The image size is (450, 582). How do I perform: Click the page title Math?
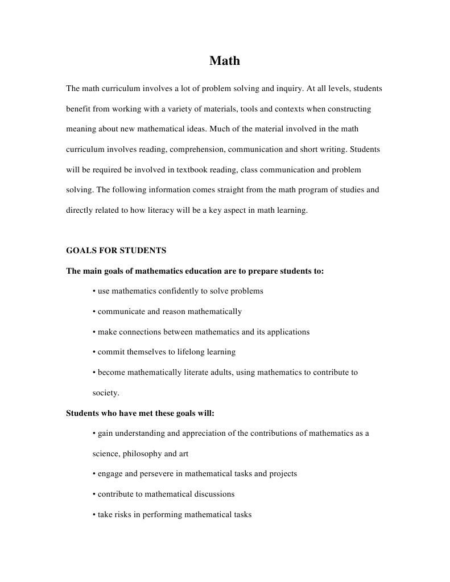(x=225, y=61)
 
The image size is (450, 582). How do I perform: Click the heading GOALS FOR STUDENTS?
(x=116, y=250)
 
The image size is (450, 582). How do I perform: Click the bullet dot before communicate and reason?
(x=94, y=312)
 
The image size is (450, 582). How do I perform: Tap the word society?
(x=105, y=393)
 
